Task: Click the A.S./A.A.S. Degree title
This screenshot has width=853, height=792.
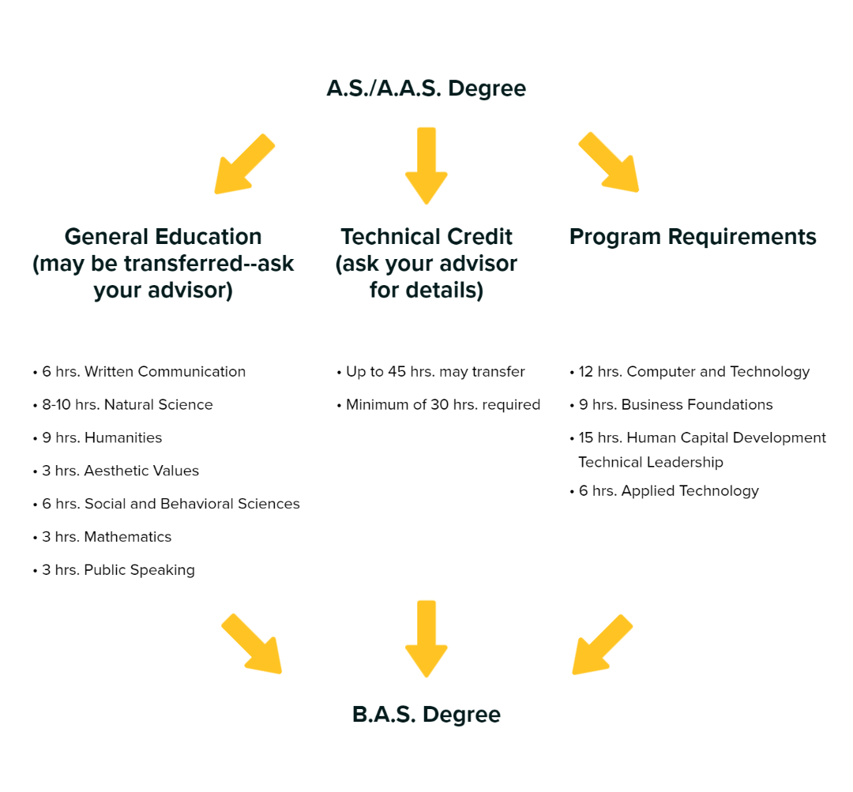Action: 426,88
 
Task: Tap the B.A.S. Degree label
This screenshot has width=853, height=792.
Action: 426,715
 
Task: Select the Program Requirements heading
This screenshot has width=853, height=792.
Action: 693,237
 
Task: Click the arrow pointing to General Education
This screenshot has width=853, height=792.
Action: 244,163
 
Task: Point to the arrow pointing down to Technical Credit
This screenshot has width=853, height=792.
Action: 426,166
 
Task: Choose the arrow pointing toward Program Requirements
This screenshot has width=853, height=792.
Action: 609,162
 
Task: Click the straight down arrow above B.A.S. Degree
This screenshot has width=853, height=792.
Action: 426,639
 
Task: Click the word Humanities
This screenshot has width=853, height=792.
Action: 123,438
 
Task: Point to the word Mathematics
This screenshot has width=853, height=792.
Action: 128,537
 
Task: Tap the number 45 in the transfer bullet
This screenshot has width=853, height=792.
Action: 396,372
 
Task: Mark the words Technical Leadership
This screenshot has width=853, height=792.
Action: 651,463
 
